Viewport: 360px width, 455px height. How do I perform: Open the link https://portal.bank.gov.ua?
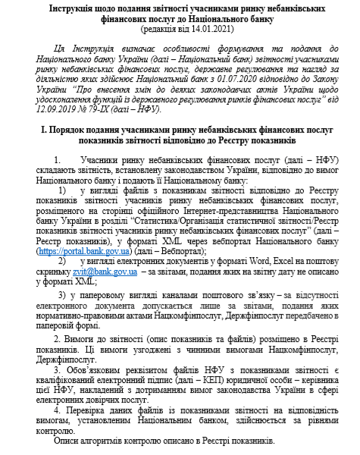(x=84, y=251)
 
